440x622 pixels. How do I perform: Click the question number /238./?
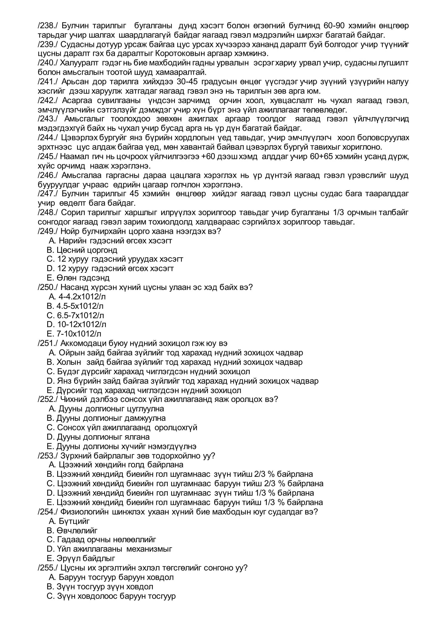pyautogui.click(x=48, y=26)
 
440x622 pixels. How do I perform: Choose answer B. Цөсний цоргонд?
pyautogui.click(x=82, y=250)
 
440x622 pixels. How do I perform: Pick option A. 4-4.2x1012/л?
pyautogui.click(x=77, y=297)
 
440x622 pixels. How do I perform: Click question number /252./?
pyautogui.click(x=48, y=399)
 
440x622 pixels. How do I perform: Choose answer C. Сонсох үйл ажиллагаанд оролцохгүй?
pyautogui.click(x=122, y=427)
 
